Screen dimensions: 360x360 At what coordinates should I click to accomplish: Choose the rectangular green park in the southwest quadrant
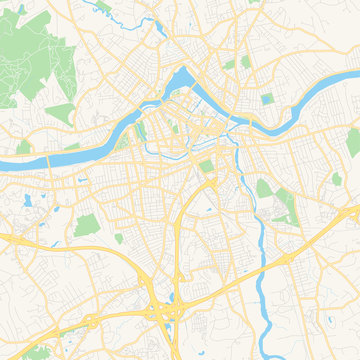click(x=87, y=224)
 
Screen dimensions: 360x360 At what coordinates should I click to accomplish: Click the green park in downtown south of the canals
click(x=207, y=166)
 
